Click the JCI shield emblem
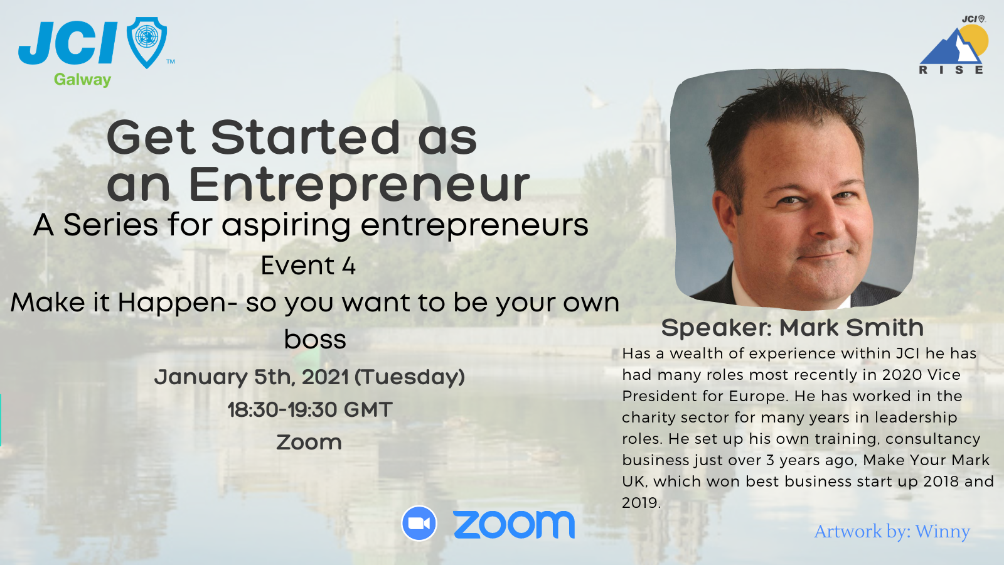tap(147, 41)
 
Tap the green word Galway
tap(82, 80)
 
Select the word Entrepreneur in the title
tap(359, 185)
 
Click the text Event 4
tap(308, 266)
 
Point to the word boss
tap(315, 340)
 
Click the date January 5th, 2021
tap(251, 377)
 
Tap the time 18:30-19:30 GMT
tap(309, 410)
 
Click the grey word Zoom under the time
tap(309, 443)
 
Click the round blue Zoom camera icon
tap(419, 523)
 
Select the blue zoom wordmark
tap(514, 524)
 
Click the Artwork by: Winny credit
tap(892, 532)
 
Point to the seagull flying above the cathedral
tap(597, 98)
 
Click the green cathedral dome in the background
tap(396, 100)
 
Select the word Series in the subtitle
tap(110, 225)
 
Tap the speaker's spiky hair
tap(784, 100)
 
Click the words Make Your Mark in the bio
tap(926, 460)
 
